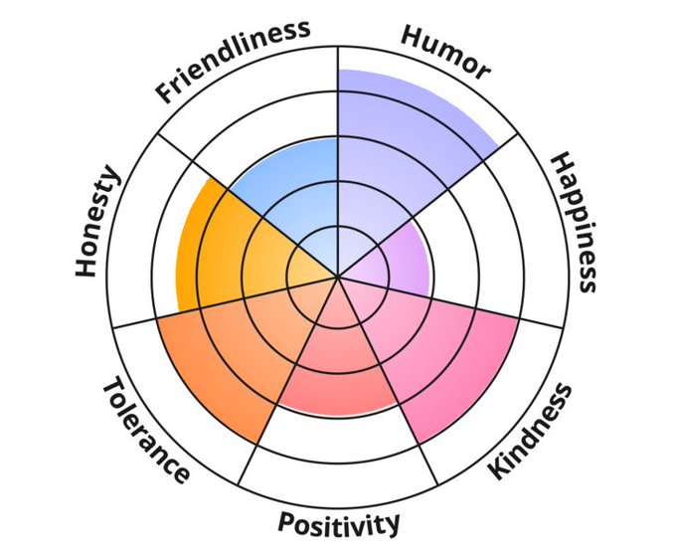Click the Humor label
[444, 51]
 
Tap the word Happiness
[575, 222]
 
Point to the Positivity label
[339, 522]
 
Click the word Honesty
[97, 222]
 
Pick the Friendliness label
[233, 60]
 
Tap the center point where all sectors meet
[338, 277]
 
